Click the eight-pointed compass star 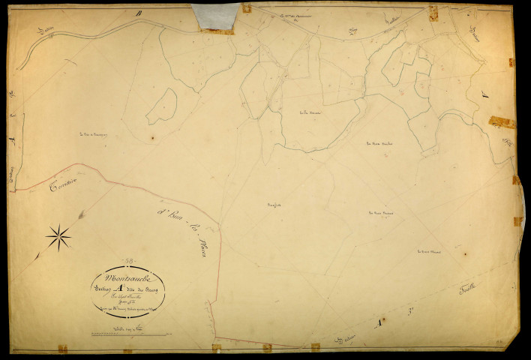click(x=58, y=238)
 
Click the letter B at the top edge click(x=139, y=13)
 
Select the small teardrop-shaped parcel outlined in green click(x=162, y=107)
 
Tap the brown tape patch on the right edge click(x=502, y=122)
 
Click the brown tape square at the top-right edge click(x=432, y=11)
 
